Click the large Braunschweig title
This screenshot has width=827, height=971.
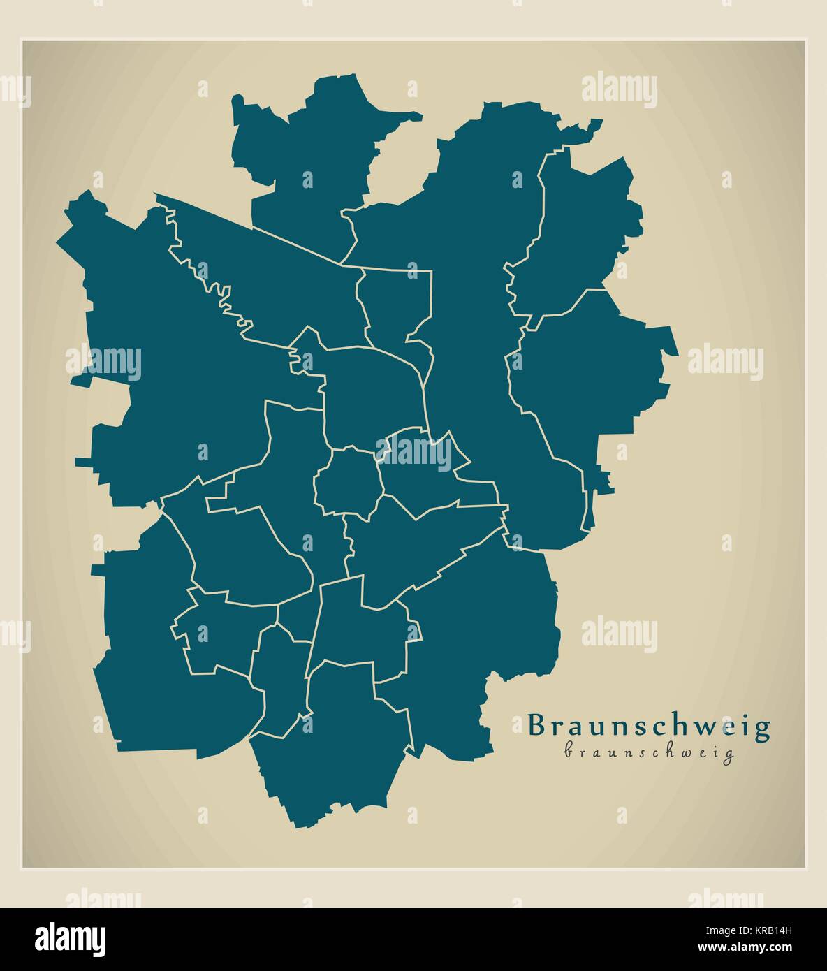click(x=649, y=727)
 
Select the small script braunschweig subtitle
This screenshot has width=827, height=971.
click(x=649, y=753)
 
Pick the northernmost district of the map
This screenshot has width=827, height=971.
click(x=314, y=161)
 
